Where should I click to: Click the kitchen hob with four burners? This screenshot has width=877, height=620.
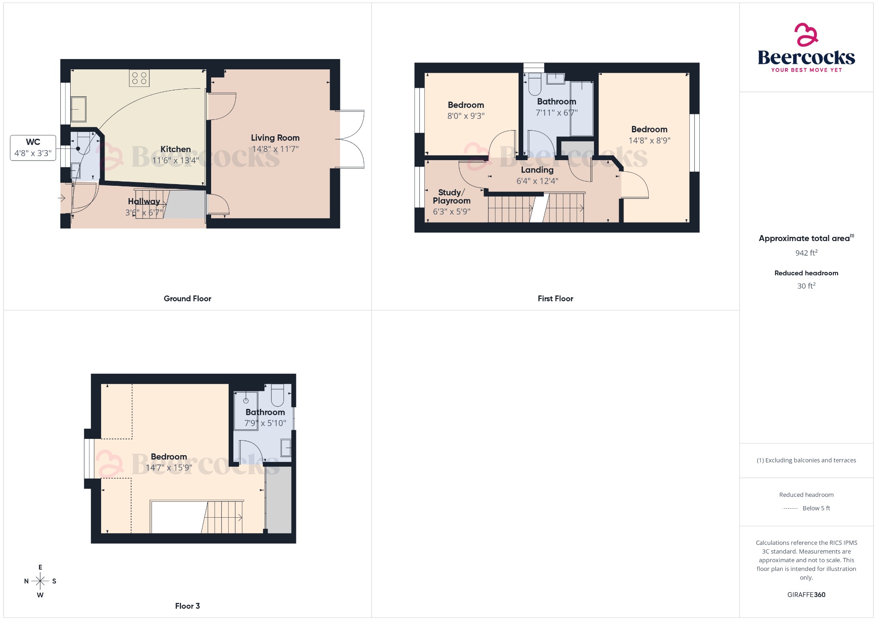(x=139, y=78)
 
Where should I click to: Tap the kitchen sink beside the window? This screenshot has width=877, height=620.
(x=78, y=109)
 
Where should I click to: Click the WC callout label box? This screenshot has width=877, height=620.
(x=33, y=148)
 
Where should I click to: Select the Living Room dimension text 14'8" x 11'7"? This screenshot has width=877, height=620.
(x=275, y=149)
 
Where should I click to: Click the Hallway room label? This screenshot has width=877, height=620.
(x=144, y=201)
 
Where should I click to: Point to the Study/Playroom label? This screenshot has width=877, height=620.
(x=451, y=197)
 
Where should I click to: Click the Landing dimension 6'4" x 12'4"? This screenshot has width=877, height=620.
(x=537, y=181)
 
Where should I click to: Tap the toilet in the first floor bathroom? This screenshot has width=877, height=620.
(x=534, y=84)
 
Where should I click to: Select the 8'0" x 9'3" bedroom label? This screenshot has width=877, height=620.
(x=466, y=105)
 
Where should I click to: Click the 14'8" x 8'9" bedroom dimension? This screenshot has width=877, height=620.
(x=649, y=140)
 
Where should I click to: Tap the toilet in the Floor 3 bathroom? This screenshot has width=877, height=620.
(x=277, y=395)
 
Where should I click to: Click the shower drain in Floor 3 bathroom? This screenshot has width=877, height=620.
(x=246, y=401)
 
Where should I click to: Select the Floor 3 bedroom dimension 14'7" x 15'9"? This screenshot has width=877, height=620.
(x=169, y=468)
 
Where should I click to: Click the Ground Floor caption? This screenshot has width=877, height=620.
(x=187, y=298)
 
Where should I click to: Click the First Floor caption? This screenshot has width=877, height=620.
(x=555, y=298)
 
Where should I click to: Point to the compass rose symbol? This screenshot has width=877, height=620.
(x=40, y=581)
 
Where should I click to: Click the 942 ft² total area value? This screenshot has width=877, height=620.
(x=806, y=253)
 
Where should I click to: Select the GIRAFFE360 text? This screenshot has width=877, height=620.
(x=806, y=594)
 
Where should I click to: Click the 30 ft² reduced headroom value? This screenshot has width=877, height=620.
(x=806, y=286)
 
